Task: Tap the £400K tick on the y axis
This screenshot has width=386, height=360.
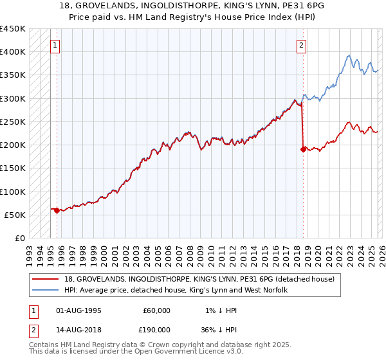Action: coord(13,52)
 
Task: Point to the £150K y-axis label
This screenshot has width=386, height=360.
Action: coord(13,168)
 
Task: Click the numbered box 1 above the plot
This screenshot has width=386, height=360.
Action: coord(55,46)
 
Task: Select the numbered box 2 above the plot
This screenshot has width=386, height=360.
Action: coord(301,46)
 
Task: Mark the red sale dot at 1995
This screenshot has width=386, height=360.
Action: coord(57,210)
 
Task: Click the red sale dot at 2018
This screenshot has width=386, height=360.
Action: coord(302,149)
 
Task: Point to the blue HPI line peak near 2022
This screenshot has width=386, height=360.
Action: coord(347,55)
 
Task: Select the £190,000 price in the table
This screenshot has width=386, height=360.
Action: coord(156,329)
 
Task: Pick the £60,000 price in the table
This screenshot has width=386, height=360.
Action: coord(156,310)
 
